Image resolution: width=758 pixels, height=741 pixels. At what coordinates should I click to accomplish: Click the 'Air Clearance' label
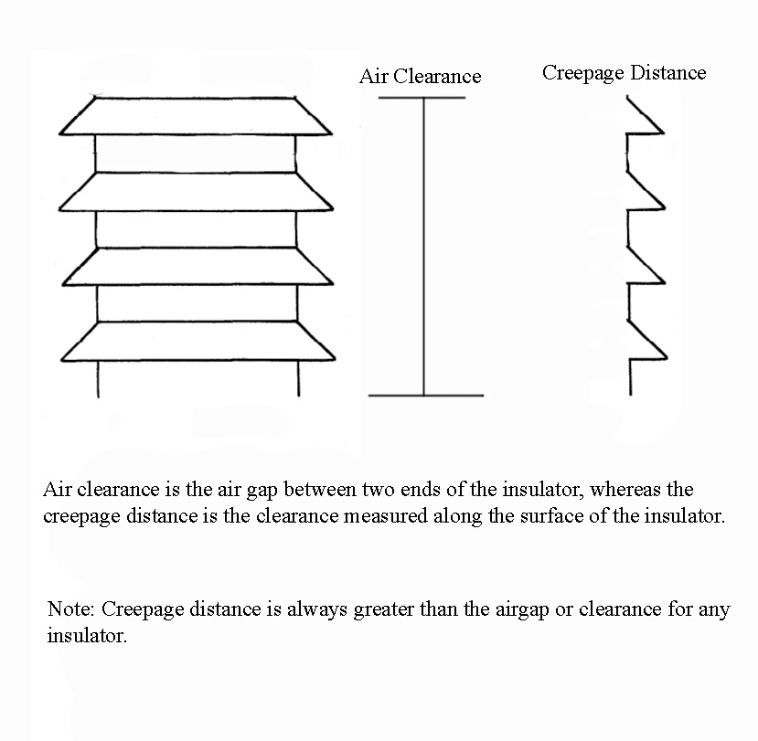(420, 76)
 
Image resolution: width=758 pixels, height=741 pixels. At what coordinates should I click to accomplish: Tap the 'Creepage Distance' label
(624, 73)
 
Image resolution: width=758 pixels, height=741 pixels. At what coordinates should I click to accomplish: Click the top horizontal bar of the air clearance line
(422, 98)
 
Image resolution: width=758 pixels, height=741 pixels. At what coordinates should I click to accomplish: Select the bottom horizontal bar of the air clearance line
(425, 396)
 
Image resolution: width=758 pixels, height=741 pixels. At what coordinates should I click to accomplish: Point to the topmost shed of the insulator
(196, 117)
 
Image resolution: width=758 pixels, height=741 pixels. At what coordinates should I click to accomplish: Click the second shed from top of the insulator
(196, 192)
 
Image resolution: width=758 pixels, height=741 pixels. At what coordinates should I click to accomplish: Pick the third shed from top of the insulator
(196, 267)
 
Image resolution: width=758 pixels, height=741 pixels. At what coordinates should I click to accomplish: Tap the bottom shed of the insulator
(196, 342)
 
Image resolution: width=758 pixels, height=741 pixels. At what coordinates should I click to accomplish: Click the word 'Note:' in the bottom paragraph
(71, 609)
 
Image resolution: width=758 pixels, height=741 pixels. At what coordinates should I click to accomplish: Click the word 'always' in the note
(316, 609)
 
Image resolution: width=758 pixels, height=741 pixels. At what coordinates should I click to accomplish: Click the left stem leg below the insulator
(97, 380)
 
